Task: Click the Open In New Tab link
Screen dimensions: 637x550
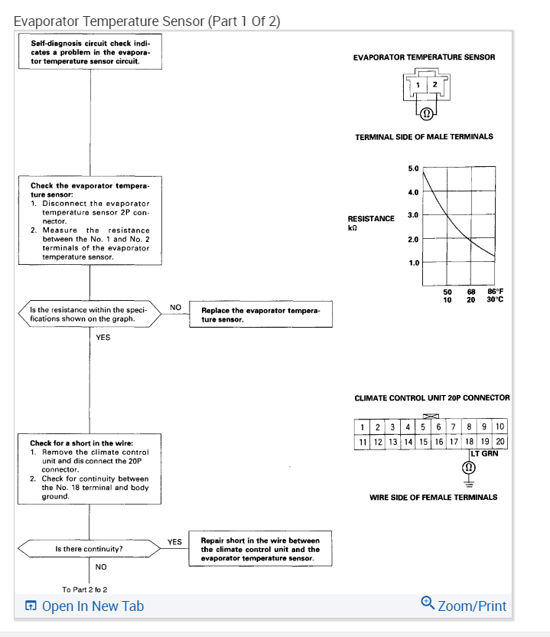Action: pyautogui.click(x=84, y=606)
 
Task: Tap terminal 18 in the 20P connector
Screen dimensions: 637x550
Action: pyautogui.click(x=468, y=441)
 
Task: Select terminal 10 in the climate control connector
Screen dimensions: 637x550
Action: pyautogui.click(x=500, y=426)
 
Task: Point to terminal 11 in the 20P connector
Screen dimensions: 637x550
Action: pyautogui.click(x=362, y=441)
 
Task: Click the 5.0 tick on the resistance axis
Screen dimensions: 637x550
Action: pyautogui.click(x=414, y=168)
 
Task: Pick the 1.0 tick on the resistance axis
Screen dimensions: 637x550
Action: pyautogui.click(x=414, y=263)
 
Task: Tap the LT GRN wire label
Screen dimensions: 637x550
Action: pyautogui.click(x=484, y=453)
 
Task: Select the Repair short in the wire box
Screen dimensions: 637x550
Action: pyautogui.click(x=260, y=549)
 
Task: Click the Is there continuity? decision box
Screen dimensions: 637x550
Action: pyautogui.click(x=89, y=549)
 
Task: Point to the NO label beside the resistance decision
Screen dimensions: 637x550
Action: pyautogui.click(x=175, y=307)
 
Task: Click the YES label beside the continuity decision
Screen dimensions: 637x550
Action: pyautogui.click(x=175, y=542)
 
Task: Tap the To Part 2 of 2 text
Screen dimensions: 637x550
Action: pyautogui.click(x=84, y=589)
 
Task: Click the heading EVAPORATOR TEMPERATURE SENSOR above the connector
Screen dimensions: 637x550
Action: pyautogui.click(x=424, y=57)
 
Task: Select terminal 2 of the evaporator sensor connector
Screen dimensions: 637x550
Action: pyautogui.click(x=434, y=84)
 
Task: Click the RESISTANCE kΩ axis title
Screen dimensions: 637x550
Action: pyautogui.click(x=371, y=223)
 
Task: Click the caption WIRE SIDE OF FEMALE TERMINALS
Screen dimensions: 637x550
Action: pyautogui.click(x=433, y=497)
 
